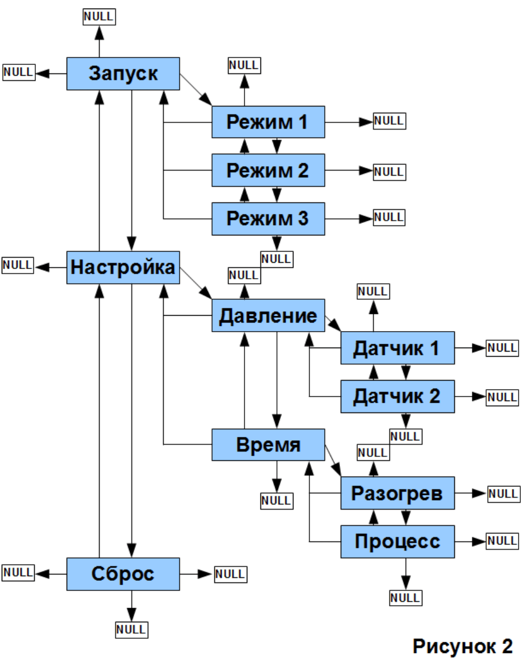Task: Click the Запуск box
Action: [x=123, y=73]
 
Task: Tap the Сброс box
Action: [x=123, y=574]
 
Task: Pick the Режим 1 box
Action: [x=268, y=122]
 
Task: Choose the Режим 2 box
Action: [x=268, y=170]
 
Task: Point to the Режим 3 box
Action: [x=268, y=218]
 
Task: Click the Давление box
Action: [x=268, y=315]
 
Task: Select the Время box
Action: [x=268, y=445]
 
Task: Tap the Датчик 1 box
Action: [x=397, y=348]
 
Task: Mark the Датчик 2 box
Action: [x=397, y=396]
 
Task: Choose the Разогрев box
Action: [x=397, y=493]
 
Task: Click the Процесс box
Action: [x=397, y=542]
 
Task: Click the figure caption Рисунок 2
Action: [x=462, y=646]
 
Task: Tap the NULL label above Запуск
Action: [x=99, y=17]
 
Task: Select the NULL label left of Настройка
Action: [x=18, y=265]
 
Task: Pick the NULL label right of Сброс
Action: [x=230, y=573]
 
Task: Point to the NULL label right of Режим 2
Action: [x=390, y=171]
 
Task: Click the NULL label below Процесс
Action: [x=405, y=598]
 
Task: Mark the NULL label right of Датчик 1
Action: [x=502, y=348]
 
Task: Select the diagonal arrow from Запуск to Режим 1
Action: [x=196, y=89]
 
